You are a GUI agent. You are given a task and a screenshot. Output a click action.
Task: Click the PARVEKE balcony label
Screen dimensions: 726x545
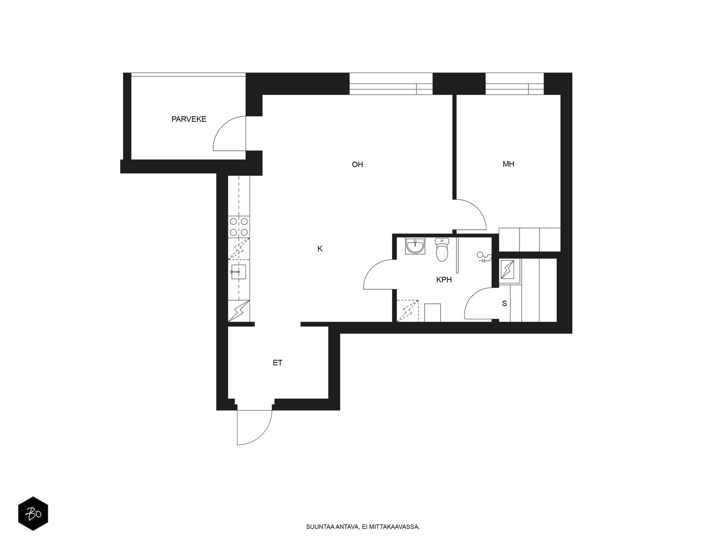coord(188,119)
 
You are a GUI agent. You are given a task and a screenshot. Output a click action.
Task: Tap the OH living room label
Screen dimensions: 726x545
coord(357,164)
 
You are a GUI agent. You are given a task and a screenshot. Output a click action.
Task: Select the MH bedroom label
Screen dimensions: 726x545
coord(508,164)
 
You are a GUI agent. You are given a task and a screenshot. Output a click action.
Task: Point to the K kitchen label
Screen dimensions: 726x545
coord(320,248)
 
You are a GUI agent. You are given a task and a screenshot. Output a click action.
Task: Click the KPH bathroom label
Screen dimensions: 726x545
coord(444,280)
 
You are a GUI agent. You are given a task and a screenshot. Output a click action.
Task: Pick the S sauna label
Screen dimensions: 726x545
coord(505,303)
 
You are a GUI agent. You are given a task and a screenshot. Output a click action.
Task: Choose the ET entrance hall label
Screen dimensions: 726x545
coord(278,363)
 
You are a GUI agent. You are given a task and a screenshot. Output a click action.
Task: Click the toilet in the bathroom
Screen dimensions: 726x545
coord(442,249)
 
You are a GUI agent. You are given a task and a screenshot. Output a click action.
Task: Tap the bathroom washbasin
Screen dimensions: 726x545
coord(415,246)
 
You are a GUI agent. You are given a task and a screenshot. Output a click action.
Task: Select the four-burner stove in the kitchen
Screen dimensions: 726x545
coord(239,227)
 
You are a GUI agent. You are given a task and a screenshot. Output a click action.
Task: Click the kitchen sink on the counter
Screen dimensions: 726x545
coord(238,272)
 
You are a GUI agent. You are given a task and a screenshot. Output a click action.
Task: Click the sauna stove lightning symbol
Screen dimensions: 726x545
coord(507,269)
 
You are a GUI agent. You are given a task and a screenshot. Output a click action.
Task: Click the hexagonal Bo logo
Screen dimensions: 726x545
coord(33,513)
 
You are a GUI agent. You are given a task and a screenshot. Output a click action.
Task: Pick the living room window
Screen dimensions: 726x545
coord(391,84)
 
